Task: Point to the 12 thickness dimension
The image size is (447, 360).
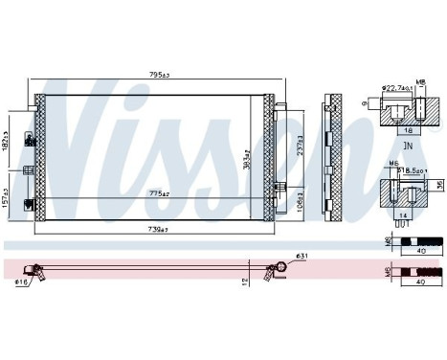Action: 246,281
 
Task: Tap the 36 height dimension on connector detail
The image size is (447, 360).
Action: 439,185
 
